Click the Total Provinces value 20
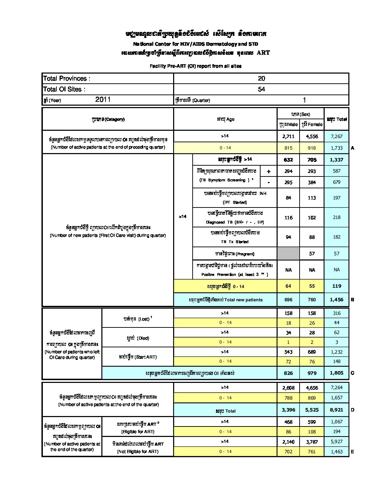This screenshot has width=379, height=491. (261, 78)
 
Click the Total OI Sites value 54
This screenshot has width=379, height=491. (261, 89)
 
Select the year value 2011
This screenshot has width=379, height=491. (103, 100)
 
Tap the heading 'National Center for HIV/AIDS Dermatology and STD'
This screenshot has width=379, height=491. (195, 44)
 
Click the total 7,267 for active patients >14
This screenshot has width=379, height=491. (337, 136)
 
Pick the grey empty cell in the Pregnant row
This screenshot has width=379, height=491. (288, 254)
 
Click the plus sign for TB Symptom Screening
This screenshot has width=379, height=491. (269, 171)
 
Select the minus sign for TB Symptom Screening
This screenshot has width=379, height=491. (269, 182)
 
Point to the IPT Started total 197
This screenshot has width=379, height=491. (337, 198)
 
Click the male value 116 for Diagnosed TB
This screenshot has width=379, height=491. (288, 218)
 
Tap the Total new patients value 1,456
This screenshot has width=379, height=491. (337, 300)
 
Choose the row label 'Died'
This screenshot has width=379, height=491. (138, 338)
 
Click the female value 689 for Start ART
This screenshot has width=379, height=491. (312, 352)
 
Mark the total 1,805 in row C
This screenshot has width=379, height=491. (337, 373)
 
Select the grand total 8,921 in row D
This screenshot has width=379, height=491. (337, 410)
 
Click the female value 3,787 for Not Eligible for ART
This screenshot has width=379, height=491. (312, 442)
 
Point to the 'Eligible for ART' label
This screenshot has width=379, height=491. (138, 432)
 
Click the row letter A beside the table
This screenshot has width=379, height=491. (353, 148)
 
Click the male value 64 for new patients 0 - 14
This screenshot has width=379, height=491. (288, 286)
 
